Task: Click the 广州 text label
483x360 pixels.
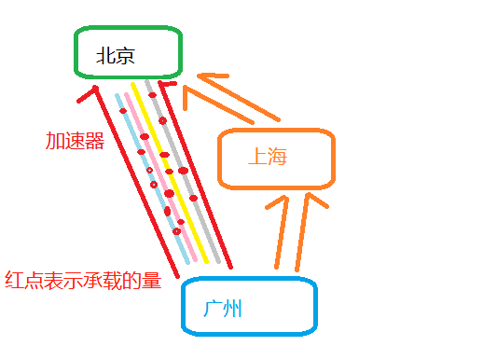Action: coord(222,308)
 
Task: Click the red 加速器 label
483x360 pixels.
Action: coord(74,141)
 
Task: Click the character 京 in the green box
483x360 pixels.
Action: coord(126,56)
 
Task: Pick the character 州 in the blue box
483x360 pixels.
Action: coord(232,308)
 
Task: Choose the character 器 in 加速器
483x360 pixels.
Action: coord(93,141)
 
